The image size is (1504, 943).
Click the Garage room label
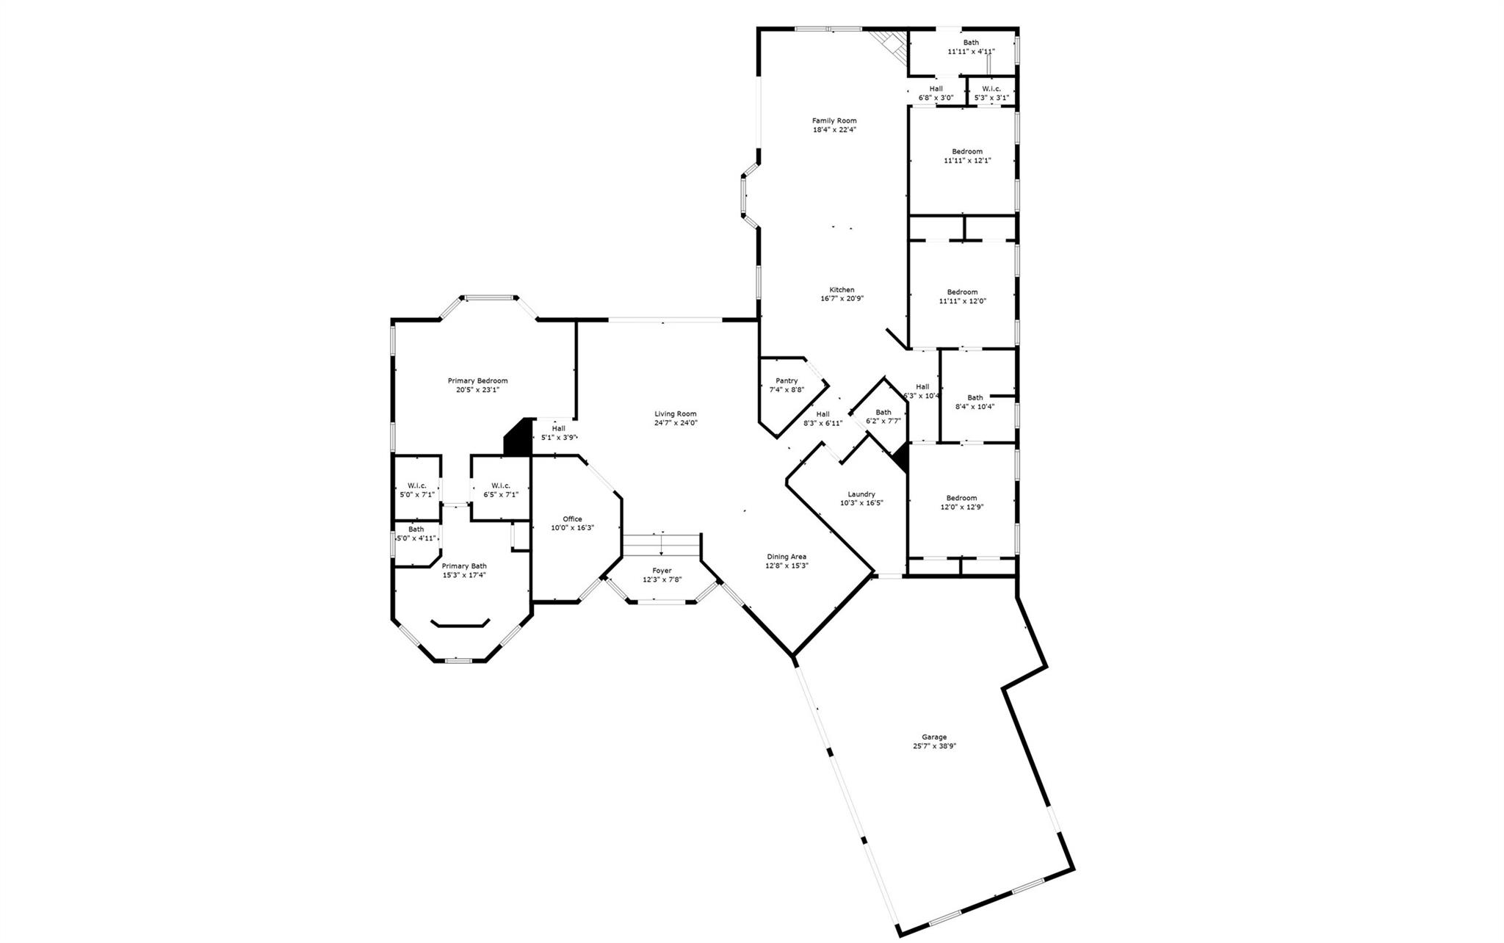[934, 737]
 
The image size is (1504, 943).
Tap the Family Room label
[834, 120]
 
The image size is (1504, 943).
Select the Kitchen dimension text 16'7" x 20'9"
[842, 299]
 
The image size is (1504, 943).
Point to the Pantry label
[787, 380]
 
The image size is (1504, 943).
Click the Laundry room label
[861, 494]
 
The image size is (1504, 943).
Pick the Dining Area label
[787, 557]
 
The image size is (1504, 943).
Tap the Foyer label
[662, 571]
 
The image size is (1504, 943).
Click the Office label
[572, 519]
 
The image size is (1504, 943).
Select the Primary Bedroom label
[477, 380]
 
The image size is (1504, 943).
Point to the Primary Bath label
[463, 566]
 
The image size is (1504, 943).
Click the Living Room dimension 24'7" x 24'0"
[676, 423]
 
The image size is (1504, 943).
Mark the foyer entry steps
[661, 545]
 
